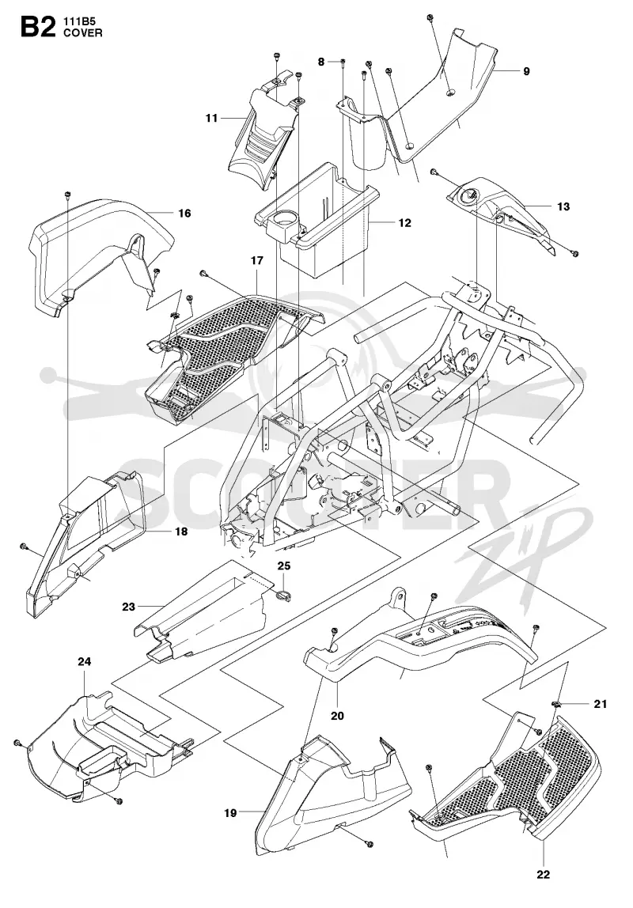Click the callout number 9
pos(526,71)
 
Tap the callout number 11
pos(211,118)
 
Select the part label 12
pos(404,222)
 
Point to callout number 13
pos(563,206)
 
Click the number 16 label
pos(184,213)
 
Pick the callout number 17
pos(256,260)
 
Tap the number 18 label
pos(181,531)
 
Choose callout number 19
pos(230,813)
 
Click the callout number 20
pos(337,716)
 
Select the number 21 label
pos(600,704)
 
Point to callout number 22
pos(544,875)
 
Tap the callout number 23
pos(128,607)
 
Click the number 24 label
pos(85,661)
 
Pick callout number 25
pos(284,566)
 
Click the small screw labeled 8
pos(343,62)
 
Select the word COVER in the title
pos(83,33)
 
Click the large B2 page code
pos(38,27)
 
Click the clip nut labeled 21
pos(558,704)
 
